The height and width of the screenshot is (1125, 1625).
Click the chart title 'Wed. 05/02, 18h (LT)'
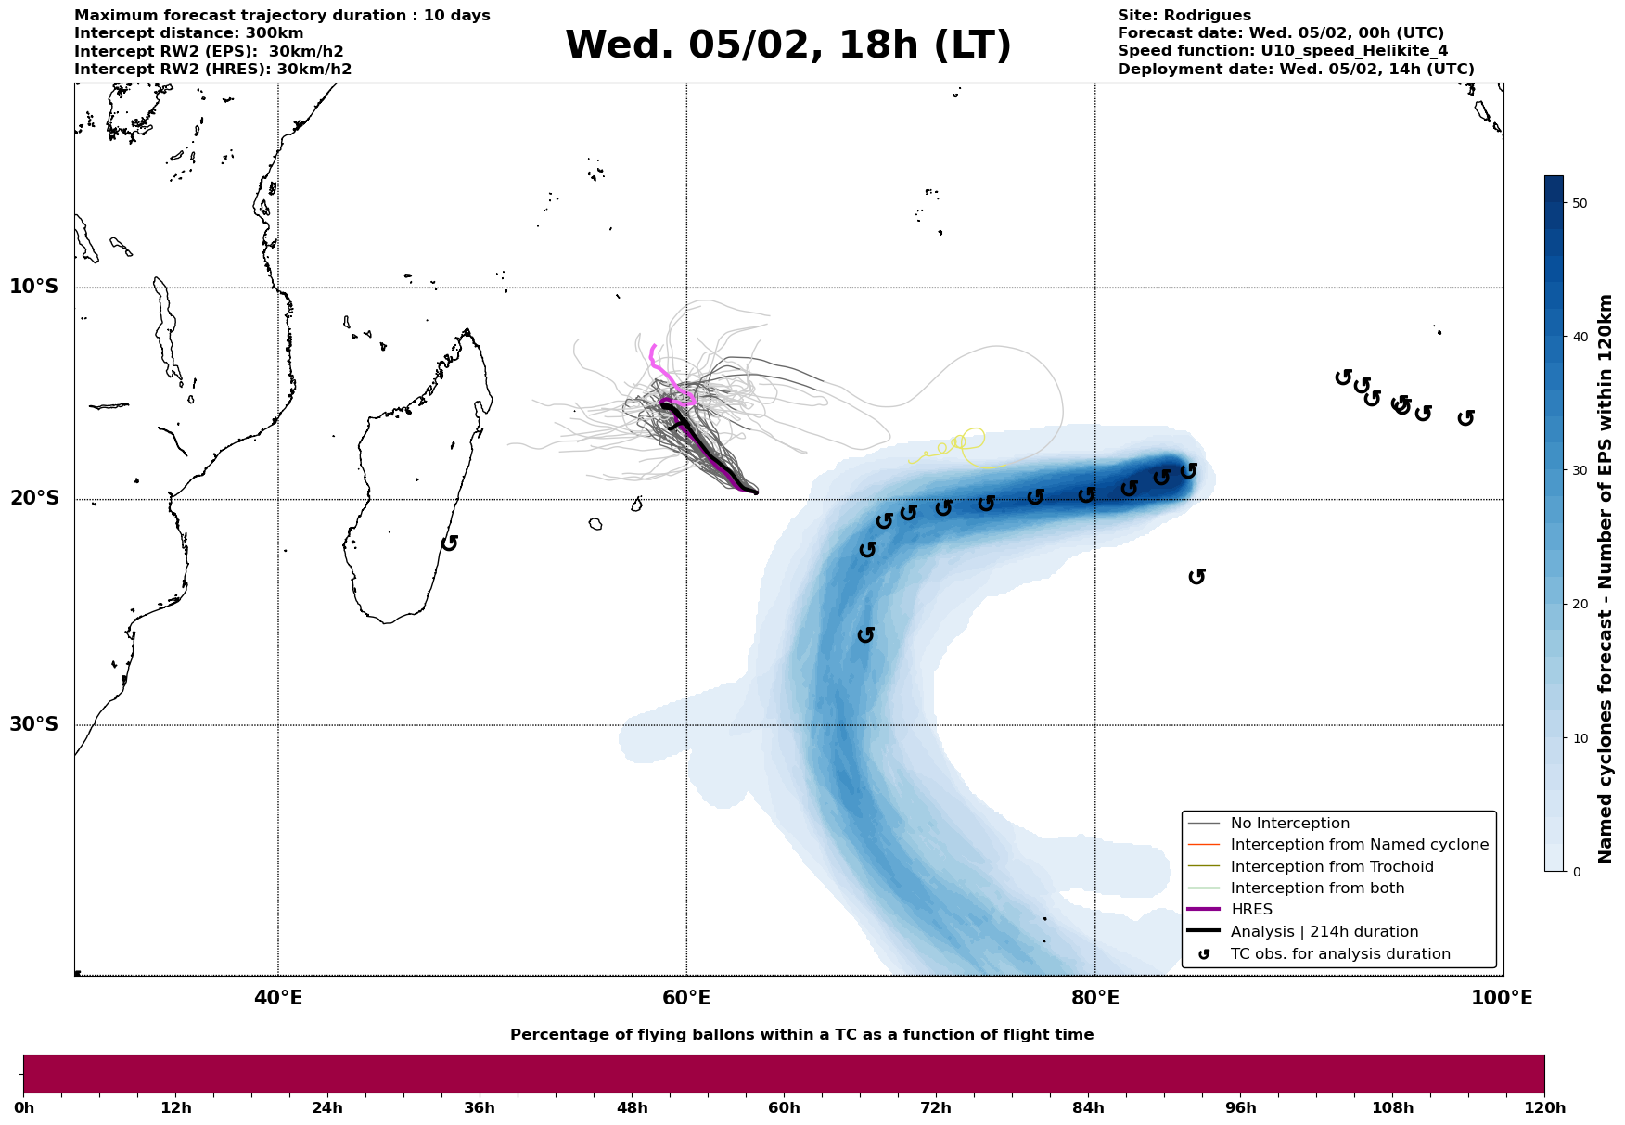[x=787, y=45]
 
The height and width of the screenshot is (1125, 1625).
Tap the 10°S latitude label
[x=34, y=287]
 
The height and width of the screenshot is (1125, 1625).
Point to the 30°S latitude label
[x=34, y=724]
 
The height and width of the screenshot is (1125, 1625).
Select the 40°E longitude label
[x=278, y=998]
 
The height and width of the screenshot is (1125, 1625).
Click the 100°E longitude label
[x=1502, y=998]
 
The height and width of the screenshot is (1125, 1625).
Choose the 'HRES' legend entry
[x=1251, y=910]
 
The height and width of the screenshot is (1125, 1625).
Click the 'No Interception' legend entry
[x=1289, y=824]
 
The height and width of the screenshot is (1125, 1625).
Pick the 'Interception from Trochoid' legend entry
[x=1331, y=867]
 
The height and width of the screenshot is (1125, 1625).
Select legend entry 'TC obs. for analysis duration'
[x=1339, y=954]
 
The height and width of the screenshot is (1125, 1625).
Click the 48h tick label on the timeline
[x=632, y=1108]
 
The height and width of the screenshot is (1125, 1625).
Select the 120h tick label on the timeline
[x=1544, y=1108]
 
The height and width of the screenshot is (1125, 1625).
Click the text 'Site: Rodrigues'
[x=1184, y=16]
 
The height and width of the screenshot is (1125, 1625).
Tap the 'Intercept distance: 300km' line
[x=188, y=33]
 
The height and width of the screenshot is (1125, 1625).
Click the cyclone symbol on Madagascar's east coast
[x=450, y=543]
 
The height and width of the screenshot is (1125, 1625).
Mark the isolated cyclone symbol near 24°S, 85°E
[x=1196, y=577]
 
